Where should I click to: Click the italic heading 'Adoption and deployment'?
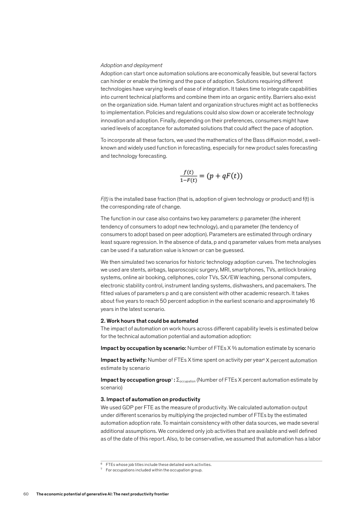131,65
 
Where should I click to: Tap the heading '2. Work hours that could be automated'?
149,321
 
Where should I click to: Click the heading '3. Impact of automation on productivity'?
150,399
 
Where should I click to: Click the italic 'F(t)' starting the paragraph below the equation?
105,199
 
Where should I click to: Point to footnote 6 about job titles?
158,465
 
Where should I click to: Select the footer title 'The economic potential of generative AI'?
102,493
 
